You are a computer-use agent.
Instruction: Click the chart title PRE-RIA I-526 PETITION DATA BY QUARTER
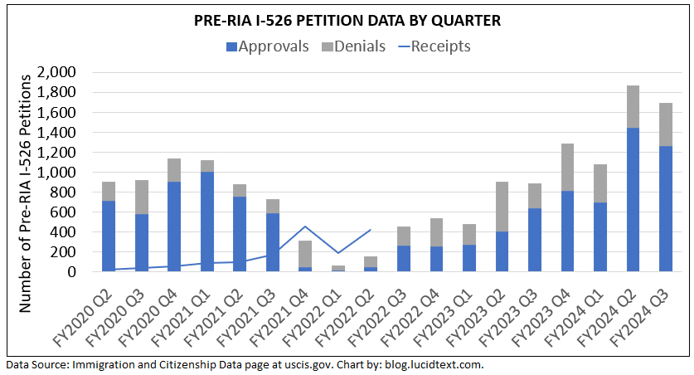(x=347, y=20)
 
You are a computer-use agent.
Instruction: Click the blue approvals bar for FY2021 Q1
(x=207, y=221)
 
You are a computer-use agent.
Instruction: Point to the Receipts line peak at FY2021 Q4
(x=305, y=226)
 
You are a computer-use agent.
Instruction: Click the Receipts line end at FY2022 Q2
(x=371, y=230)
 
